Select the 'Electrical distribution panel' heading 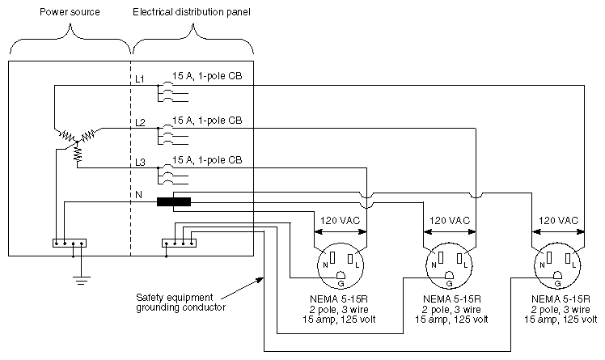[192, 14]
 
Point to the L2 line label [140, 123]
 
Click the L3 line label [140, 163]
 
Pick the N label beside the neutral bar [138, 195]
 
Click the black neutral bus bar [174, 202]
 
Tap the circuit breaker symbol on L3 [167, 175]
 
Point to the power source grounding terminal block [69, 242]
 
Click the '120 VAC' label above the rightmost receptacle [558, 220]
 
